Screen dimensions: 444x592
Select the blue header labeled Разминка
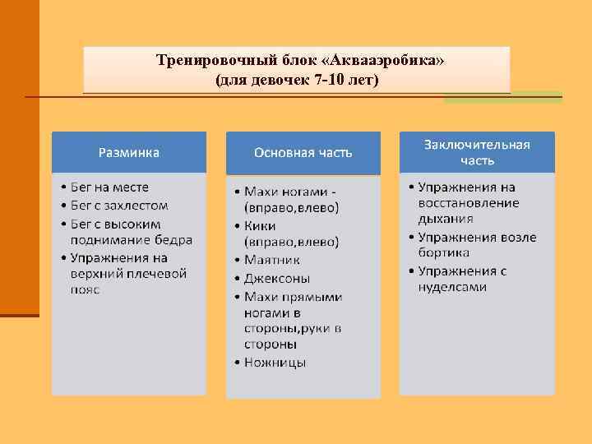point(129,152)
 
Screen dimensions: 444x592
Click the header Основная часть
point(303,152)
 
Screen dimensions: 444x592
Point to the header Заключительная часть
point(477,152)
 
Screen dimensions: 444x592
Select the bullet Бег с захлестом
point(120,206)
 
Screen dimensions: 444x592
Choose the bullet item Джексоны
point(276,278)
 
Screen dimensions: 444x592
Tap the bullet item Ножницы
point(275,363)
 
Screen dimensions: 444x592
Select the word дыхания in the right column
point(445,220)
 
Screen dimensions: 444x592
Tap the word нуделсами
point(452,287)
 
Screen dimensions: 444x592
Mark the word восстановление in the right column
point(468,203)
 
